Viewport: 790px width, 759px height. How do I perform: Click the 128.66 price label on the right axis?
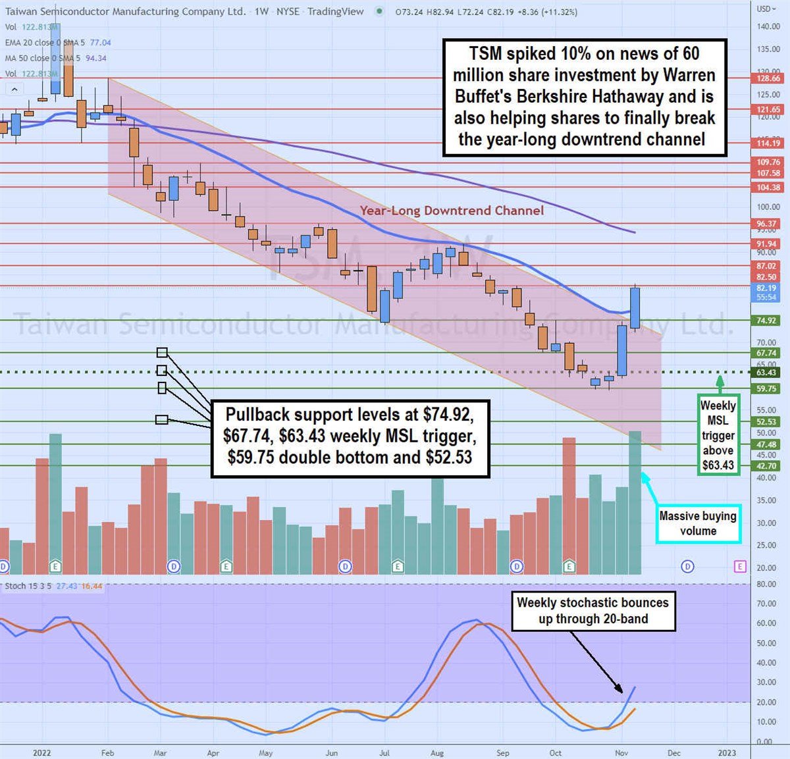768,78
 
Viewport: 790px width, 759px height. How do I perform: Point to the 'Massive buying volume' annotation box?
698,524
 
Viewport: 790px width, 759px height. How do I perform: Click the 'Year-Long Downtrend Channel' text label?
452,211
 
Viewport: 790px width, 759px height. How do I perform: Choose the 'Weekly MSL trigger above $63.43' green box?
718,435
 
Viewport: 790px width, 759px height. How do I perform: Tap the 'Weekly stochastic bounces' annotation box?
592,611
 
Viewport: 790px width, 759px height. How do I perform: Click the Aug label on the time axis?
436,753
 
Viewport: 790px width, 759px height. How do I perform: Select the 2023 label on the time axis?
727,753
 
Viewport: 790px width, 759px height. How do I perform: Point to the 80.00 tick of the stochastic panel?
765,584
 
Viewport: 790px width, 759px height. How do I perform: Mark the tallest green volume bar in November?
635,503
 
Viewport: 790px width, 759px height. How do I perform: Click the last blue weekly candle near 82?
635,308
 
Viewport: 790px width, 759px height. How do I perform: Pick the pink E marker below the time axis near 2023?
741,566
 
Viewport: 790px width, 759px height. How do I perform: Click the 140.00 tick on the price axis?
768,26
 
